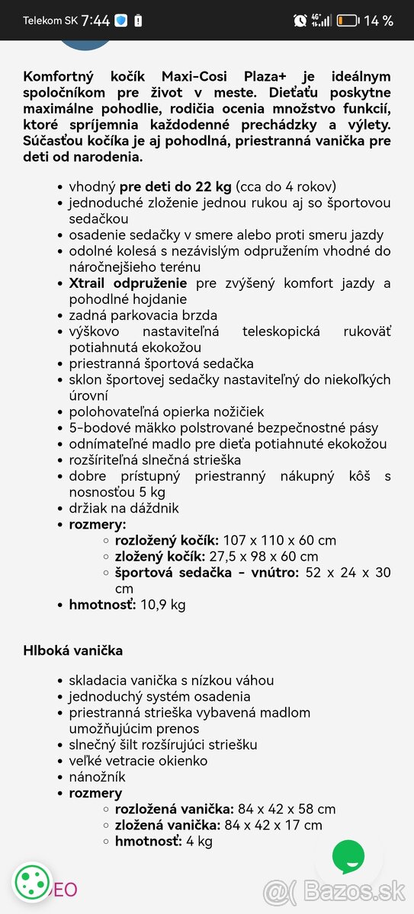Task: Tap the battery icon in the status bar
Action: pos(347,21)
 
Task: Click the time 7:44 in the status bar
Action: pos(95,21)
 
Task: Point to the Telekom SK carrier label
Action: pos(50,21)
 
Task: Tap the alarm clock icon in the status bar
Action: pos(299,21)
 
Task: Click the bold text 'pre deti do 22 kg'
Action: pos(175,187)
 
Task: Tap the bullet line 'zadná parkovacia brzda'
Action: pos(143,315)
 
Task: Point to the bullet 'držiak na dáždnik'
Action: pos(124,508)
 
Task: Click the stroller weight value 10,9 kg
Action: pos(163,605)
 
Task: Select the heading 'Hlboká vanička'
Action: pos(73,650)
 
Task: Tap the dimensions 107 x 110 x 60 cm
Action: pos(278,540)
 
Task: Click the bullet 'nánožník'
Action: pos(97,777)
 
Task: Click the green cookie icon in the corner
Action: pos(32,884)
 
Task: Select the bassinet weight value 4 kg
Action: pos(200,841)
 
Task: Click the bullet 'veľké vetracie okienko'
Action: pos(138,761)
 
